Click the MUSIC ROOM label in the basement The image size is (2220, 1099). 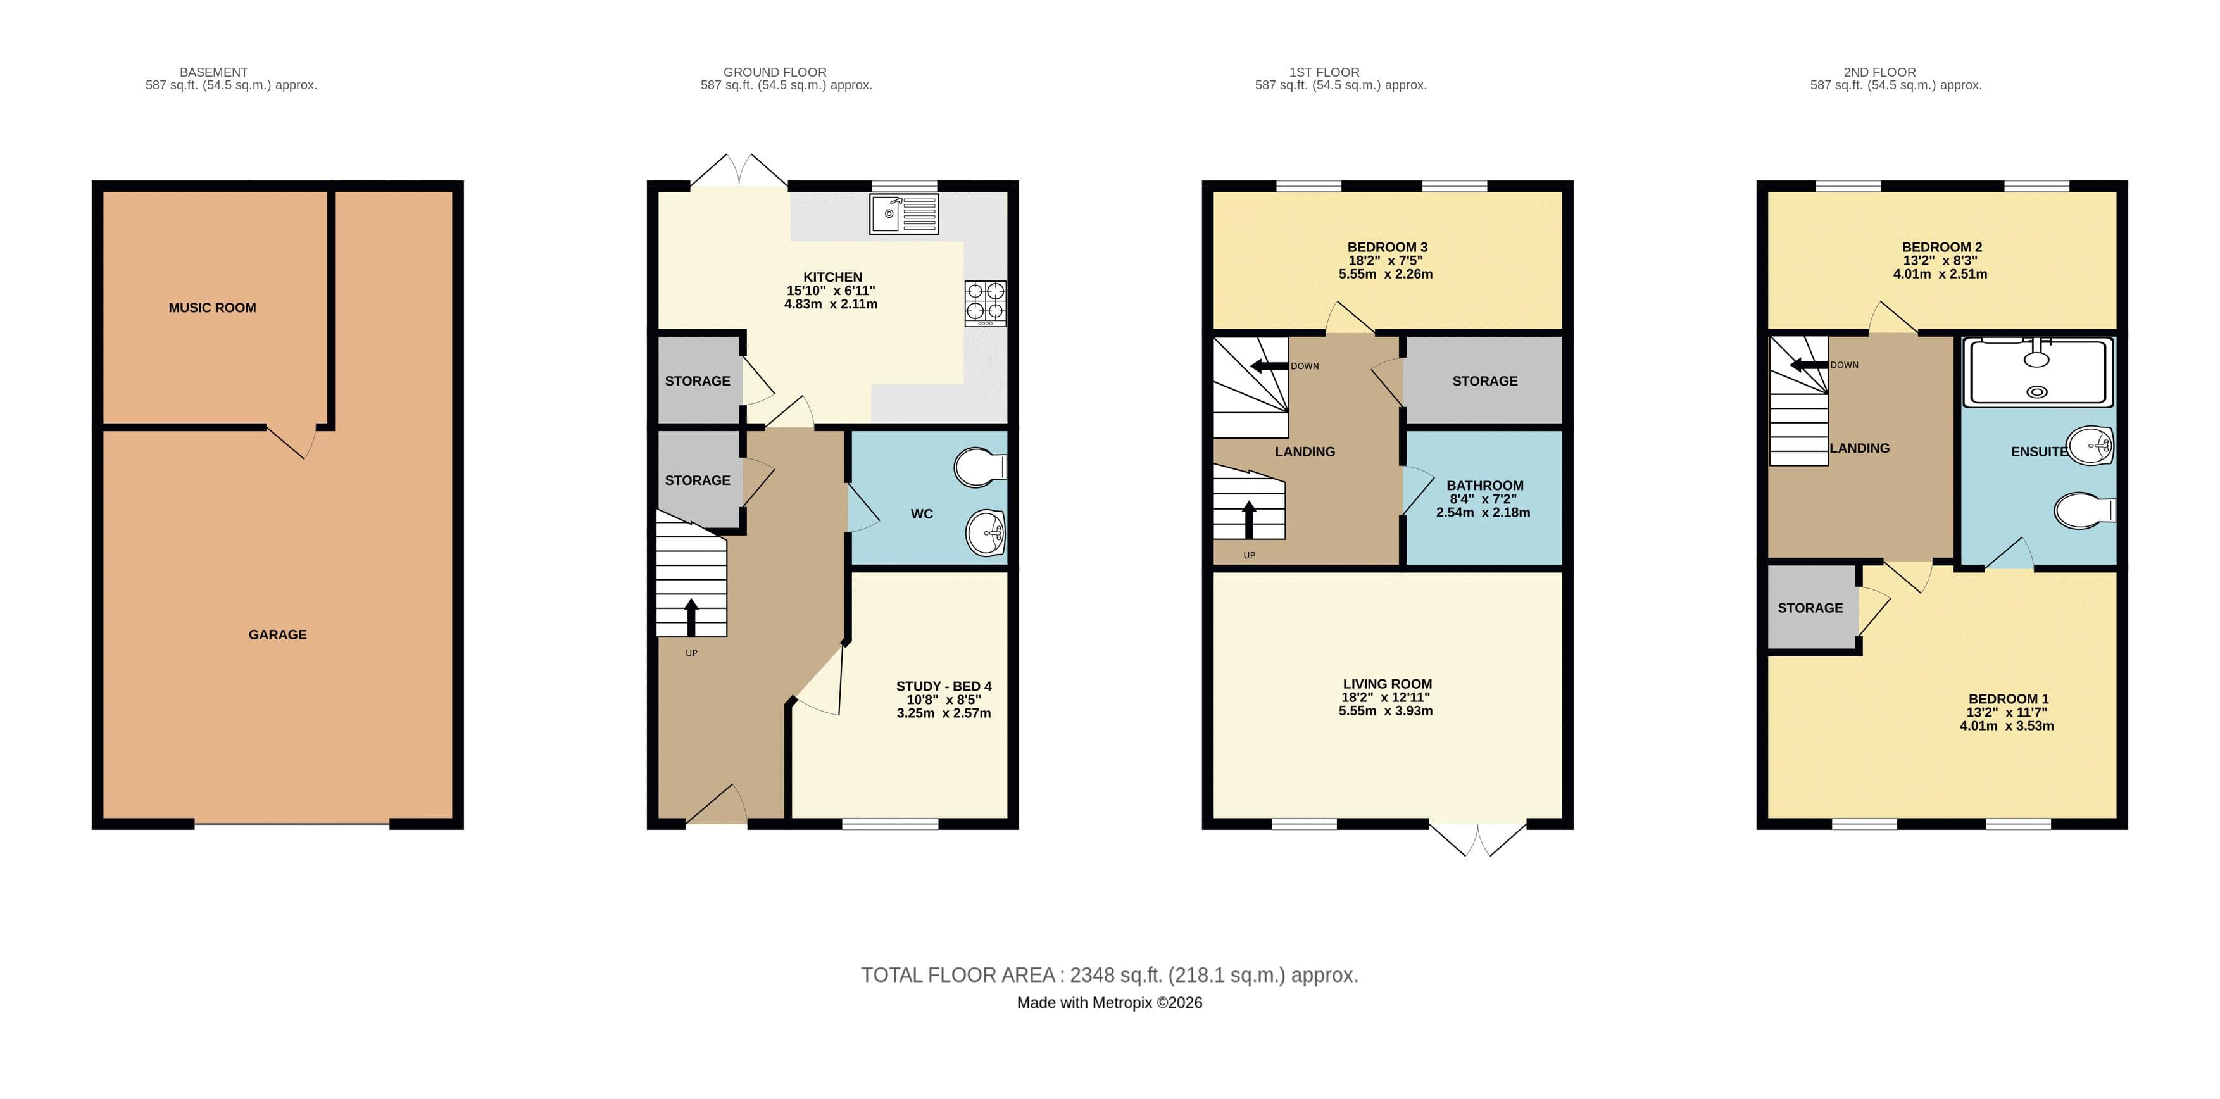tap(212, 308)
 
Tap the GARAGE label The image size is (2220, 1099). tap(277, 634)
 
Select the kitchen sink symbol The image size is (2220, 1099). tap(903, 214)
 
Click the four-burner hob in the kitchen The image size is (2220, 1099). tap(985, 303)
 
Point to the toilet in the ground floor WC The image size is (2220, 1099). tap(980, 467)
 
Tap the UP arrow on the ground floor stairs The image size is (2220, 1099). tap(691, 617)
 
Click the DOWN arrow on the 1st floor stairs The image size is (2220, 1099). tap(1269, 365)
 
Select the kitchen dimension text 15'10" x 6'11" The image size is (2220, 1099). tap(831, 291)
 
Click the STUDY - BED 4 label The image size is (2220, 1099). tap(944, 686)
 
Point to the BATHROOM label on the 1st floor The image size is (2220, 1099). tap(1484, 486)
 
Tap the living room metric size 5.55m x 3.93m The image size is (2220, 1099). tap(1385, 711)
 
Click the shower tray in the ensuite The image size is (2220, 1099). tap(2037, 372)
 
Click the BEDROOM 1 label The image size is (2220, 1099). tap(2008, 698)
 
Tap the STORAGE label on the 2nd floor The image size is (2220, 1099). tap(1810, 608)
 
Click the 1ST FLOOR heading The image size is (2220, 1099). tap(1324, 72)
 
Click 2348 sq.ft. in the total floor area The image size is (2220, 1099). tap(1116, 975)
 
